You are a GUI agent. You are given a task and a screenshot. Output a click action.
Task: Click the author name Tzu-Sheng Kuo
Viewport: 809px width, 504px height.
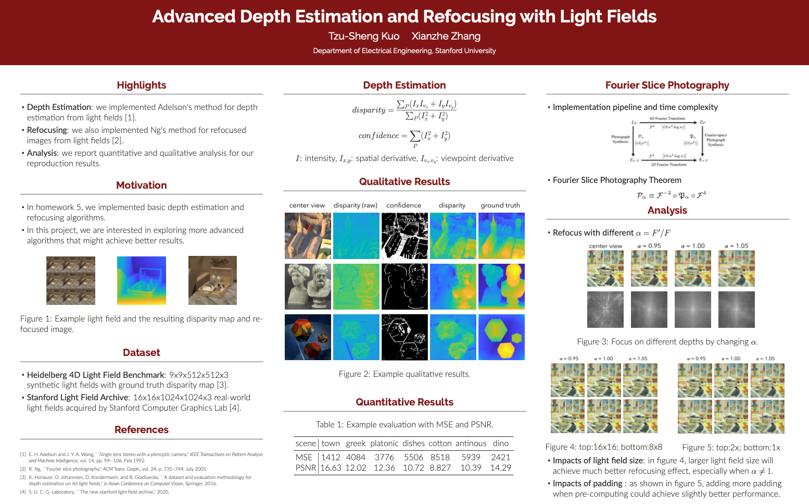(x=363, y=36)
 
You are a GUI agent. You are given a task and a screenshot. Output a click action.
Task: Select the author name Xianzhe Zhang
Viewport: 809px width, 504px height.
(x=446, y=36)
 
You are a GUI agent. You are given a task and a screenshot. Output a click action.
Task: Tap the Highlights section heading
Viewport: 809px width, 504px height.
(x=141, y=85)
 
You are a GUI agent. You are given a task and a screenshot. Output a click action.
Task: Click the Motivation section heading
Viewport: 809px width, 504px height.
(x=141, y=185)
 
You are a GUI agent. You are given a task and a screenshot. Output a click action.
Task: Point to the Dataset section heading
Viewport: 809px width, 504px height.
(x=141, y=352)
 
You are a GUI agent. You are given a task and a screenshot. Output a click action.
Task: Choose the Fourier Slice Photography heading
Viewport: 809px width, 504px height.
(x=667, y=85)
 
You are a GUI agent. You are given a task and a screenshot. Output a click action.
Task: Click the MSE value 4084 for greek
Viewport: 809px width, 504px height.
(x=356, y=457)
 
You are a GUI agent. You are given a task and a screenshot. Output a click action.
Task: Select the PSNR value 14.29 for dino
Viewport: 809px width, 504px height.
(x=500, y=468)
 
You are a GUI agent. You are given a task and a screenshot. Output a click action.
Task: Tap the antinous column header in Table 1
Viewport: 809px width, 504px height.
(x=471, y=443)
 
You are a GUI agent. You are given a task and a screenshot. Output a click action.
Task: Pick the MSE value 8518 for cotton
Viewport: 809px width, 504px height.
(x=440, y=457)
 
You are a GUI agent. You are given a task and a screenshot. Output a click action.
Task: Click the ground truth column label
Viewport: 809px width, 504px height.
(x=500, y=205)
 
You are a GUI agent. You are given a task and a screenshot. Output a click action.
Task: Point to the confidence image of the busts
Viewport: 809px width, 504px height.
(x=404, y=286)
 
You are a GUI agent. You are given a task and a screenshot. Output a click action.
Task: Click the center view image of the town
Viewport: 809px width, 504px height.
(x=308, y=236)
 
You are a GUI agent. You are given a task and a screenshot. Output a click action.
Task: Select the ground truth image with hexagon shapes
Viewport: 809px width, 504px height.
(x=501, y=337)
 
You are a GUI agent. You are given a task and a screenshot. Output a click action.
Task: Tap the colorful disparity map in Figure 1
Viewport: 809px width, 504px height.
(x=142, y=280)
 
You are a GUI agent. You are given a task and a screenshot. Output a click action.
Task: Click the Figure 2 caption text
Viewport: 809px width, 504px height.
(x=404, y=374)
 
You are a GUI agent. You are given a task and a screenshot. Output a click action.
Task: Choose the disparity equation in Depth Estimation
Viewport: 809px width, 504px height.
(x=404, y=109)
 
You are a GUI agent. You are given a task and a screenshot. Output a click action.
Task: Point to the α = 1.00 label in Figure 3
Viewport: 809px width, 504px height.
(x=692, y=246)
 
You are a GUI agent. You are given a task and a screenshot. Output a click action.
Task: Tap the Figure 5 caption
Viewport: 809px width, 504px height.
(x=731, y=447)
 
